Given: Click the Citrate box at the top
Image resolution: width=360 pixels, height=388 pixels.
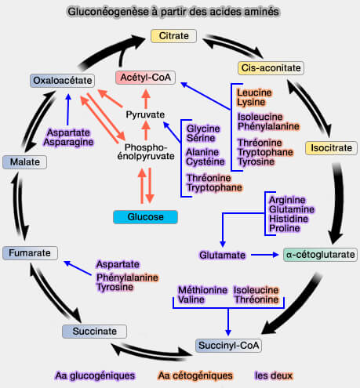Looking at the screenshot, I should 174,36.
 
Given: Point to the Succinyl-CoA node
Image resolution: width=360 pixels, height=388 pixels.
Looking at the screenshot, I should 229,345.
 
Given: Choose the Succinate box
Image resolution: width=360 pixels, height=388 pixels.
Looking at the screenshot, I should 94,331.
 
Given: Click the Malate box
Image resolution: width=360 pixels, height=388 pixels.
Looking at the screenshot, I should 25,161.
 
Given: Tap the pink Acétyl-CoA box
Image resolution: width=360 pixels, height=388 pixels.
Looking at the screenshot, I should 145,78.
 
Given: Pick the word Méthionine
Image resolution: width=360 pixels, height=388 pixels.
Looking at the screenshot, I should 202,289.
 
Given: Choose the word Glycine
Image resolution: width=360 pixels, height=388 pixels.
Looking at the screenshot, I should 203,127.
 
